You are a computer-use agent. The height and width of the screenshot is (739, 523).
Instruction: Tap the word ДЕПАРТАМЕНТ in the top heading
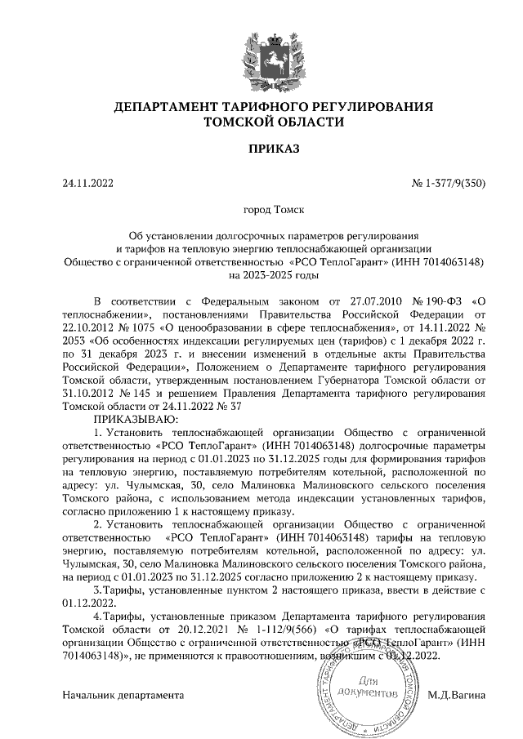pos(166,107)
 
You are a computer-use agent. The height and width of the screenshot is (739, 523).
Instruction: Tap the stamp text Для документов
pos(374,687)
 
